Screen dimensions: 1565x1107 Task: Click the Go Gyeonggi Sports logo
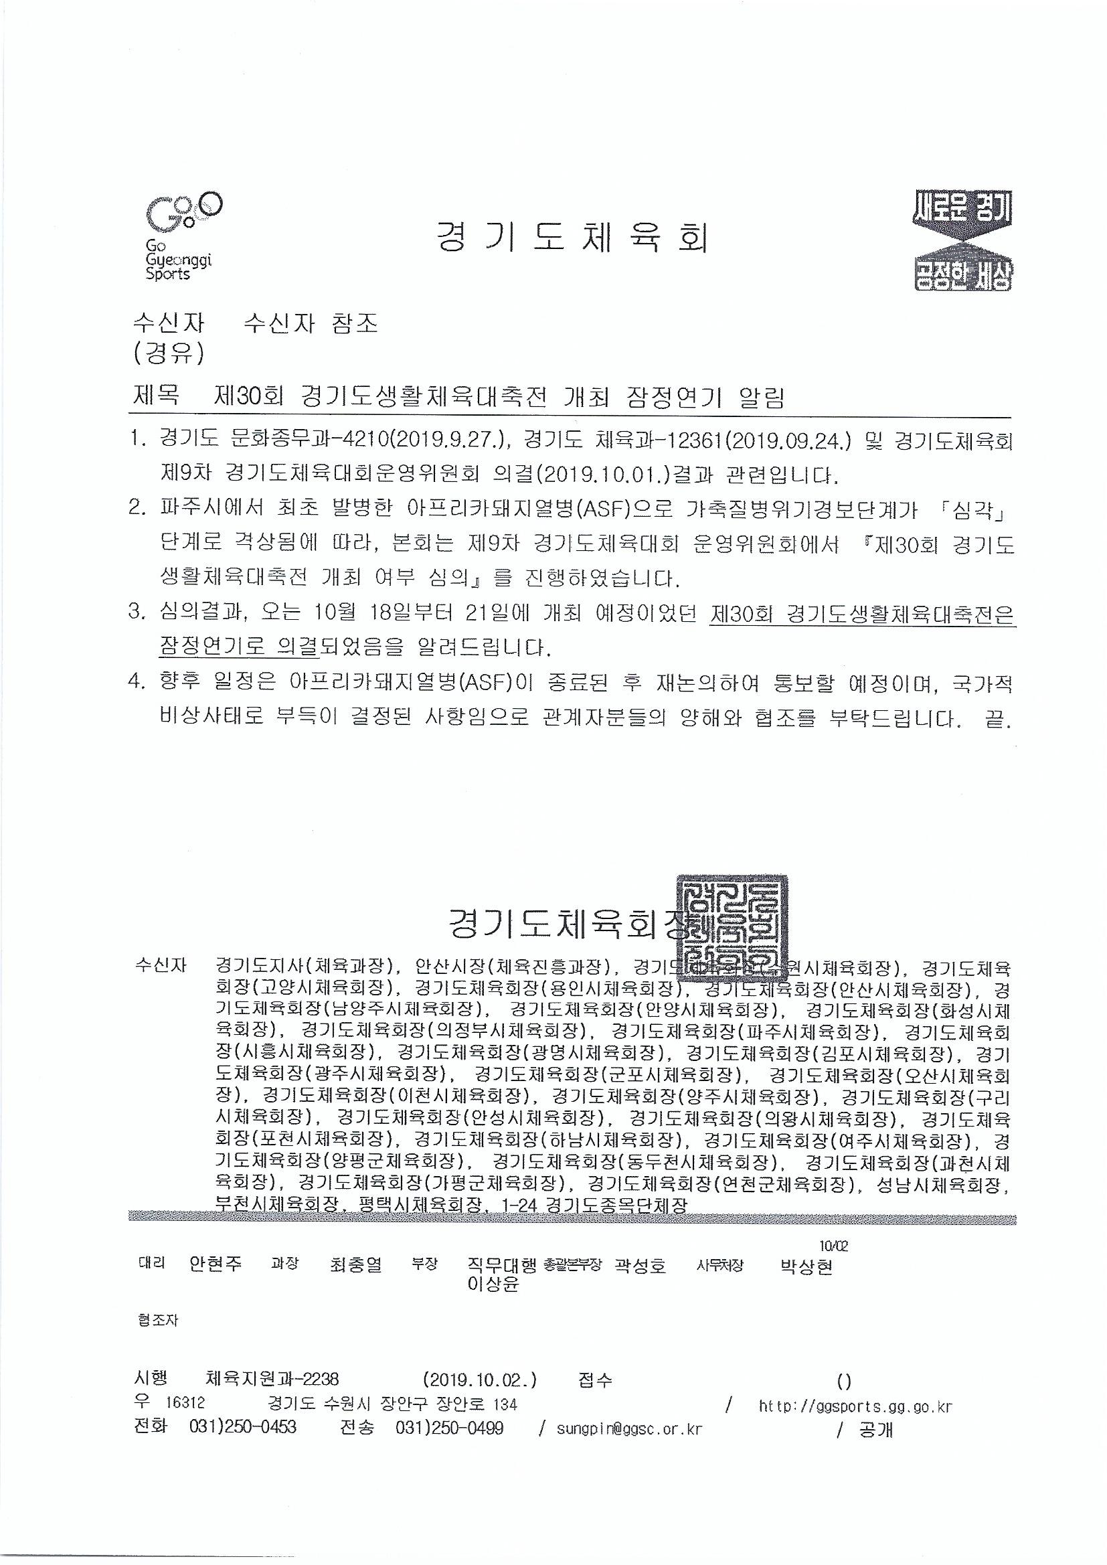pos(181,236)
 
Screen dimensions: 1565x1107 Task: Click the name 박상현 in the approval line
pos(806,1266)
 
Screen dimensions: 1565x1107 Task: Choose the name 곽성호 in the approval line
pos(639,1266)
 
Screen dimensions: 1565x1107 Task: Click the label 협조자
pos(157,1320)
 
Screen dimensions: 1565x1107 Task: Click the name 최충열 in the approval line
pos(355,1266)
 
